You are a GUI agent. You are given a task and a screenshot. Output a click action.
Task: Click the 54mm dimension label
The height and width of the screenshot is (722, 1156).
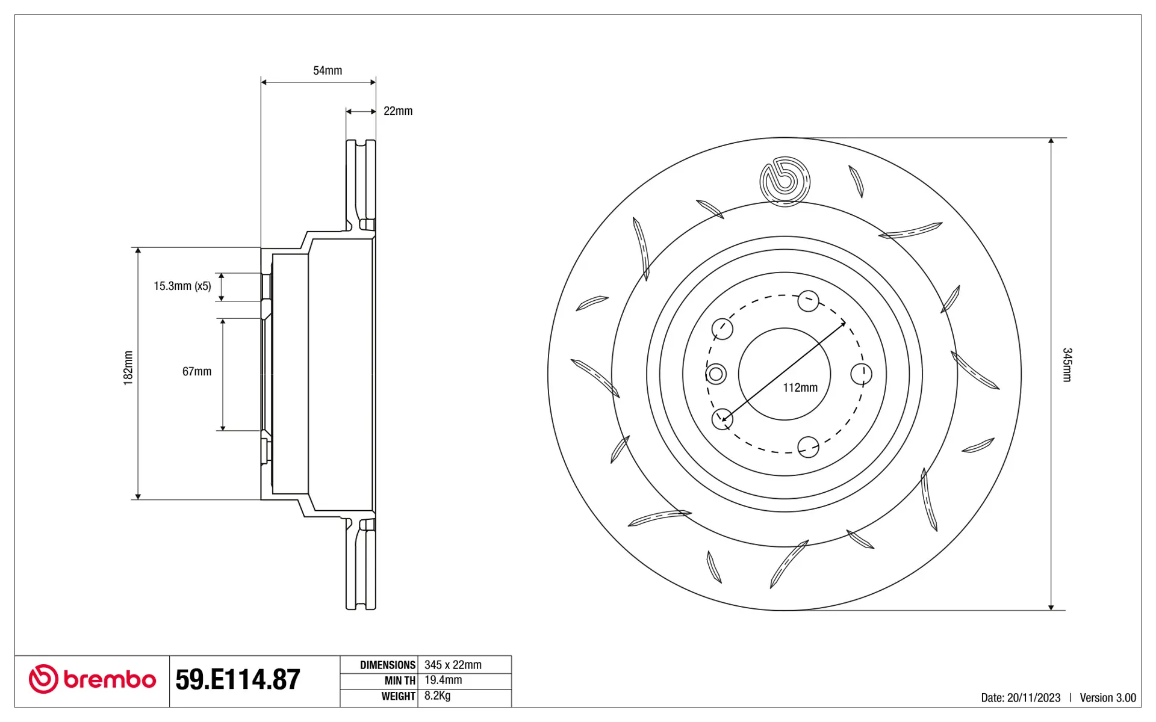pyautogui.click(x=328, y=70)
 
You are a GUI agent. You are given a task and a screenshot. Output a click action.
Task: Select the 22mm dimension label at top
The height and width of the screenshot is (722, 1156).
pyautogui.click(x=398, y=111)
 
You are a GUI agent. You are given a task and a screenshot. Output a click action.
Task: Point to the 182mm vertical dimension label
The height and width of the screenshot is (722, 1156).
pyautogui.click(x=128, y=368)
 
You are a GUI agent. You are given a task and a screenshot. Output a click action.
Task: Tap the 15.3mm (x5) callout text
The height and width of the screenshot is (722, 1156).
pyautogui.click(x=182, y=286)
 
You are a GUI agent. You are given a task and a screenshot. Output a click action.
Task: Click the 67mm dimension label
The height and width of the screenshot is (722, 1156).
pyautogui.click(x=197, y=371)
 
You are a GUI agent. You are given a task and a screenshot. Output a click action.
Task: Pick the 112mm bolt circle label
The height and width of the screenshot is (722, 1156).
pyautogui.click(x=800, y=387)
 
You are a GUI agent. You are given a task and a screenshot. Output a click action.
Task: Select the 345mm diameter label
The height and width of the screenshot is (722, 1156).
pyautogui.click(x=1067, y=365)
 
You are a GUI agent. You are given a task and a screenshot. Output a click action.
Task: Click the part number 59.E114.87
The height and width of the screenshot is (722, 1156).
pyautogui.click(x=238, y=679)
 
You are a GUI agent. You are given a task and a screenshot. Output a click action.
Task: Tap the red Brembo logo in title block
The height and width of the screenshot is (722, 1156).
pyautogui.click(x=92, y=679)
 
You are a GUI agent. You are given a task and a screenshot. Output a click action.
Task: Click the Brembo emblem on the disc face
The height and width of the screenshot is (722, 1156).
pyautogui.click(x=785, y=181)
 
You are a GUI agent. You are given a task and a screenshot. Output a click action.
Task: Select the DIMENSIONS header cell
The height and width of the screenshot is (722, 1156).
pyautogui.click(x=388, y=665)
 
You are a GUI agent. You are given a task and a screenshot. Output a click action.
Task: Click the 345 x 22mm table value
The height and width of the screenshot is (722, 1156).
pyautogui.click(x=453, y=665)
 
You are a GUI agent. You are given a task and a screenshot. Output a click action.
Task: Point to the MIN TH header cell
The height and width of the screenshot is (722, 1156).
pyautogui.click(x=400, y=680)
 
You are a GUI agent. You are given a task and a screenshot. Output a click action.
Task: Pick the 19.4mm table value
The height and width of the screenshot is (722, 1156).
pyautogui.click(x=443, y=680)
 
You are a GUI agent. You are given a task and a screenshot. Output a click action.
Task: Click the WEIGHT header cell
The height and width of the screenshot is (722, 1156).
pyautogui.click(x=398, y=696)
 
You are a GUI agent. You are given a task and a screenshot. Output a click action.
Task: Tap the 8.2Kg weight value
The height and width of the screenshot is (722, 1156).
pyautogui.click(x=437, y=696)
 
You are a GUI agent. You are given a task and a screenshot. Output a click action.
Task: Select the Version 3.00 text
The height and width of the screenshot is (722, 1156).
pyautogui.click(x=1108, y=697)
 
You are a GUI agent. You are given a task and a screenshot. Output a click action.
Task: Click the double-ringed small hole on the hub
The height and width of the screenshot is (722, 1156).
pyautogui.click(x=716, y=374)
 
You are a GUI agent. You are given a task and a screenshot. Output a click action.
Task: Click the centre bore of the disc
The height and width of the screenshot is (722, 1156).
pyautogui.click(x=785, y=374)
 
